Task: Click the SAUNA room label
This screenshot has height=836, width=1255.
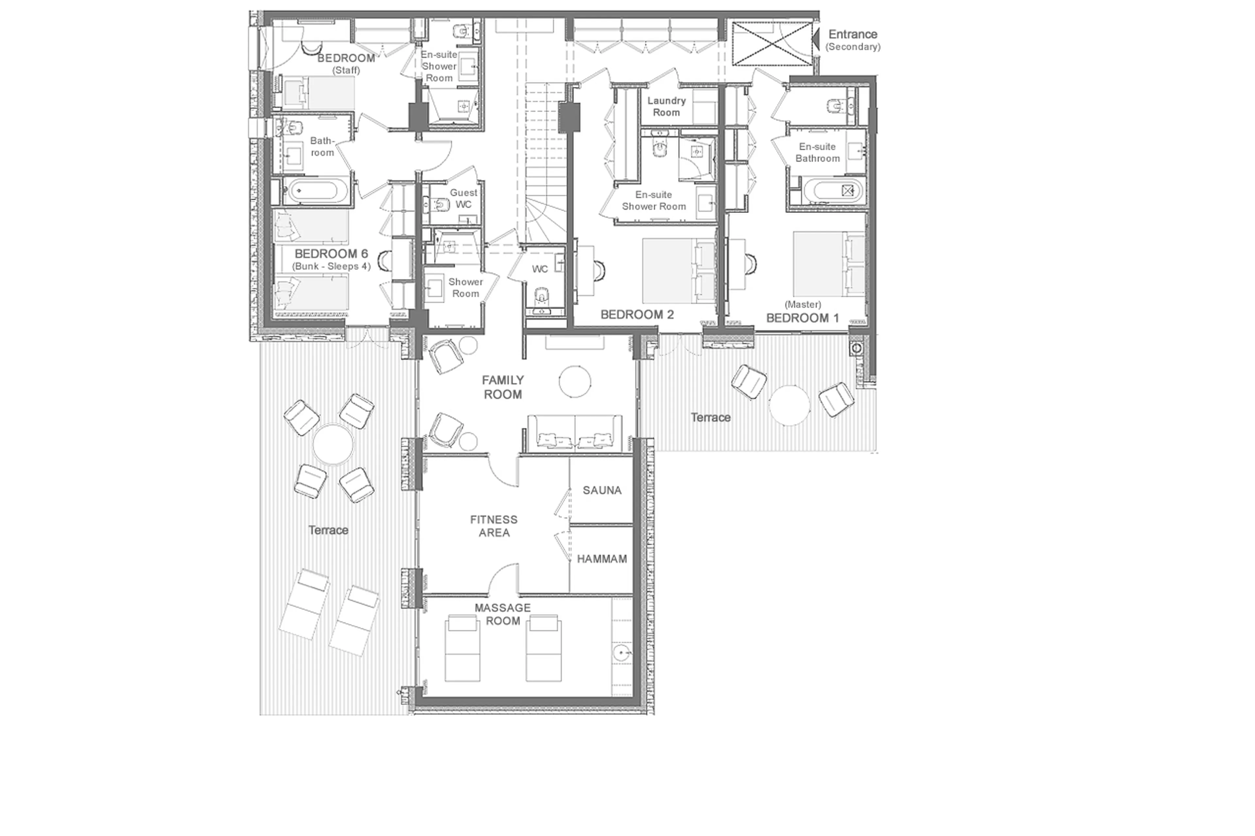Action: tap(602, 490)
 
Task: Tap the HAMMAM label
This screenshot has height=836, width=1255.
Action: tap(602, 559)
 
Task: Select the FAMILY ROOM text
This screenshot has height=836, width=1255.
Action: tap(502, 387)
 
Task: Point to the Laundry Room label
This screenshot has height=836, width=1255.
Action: tap(666, 106)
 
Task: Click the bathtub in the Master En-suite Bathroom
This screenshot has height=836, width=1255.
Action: tap(832, 190)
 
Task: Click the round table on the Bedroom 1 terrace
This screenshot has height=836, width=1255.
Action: tap(789, 405)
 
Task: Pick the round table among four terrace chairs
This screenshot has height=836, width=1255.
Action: tap(333, 444)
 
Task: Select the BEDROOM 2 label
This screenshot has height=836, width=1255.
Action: tap(637, 315)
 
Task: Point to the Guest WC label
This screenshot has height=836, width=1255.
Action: tap(463, 198)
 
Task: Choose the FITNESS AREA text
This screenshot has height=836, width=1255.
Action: tap(494, 526)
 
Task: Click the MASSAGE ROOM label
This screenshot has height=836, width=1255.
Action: tap(502, 614)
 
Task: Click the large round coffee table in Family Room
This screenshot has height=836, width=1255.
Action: tap(575, 381)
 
